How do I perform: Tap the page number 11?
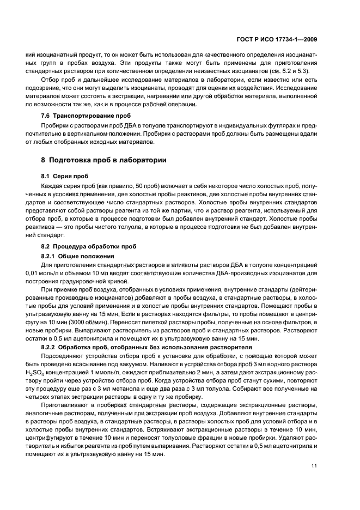pos(314,465)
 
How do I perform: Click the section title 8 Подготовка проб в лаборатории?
pos(100,160)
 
